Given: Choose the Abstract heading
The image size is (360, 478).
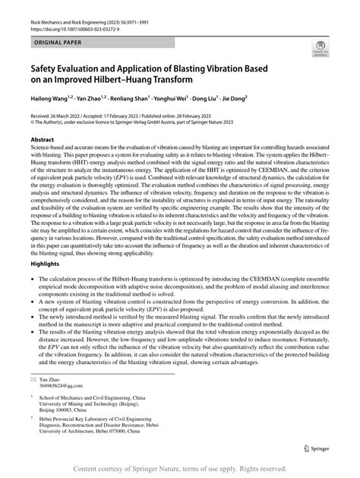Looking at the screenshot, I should coord(41,141).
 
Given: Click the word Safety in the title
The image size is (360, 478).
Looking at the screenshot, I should coord(45,66).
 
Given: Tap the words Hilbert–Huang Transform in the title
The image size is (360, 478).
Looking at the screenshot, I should coord(151,78).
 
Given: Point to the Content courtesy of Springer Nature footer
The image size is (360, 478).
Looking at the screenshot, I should coord(179,469).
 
